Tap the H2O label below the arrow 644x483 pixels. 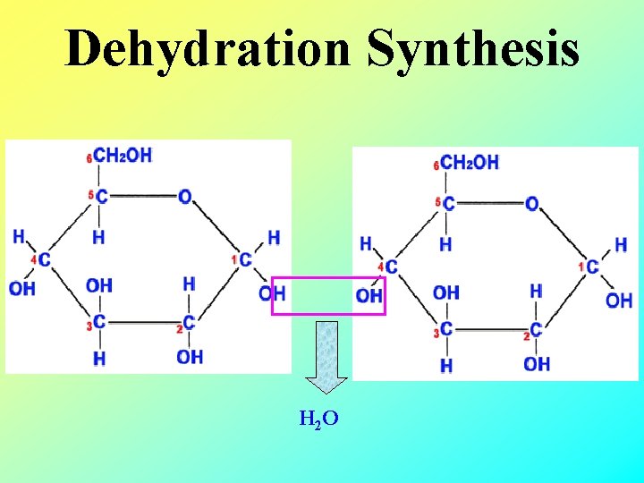(x=318, y=418)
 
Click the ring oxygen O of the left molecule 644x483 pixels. (x=184, y=197)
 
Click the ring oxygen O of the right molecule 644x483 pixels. (x=531, y=204)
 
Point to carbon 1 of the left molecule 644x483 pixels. (x=245, y=259)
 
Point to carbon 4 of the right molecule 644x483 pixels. (x=391, y=267)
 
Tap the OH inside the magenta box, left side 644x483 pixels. (x=272, y=293)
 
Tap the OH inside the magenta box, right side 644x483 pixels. (x=369, y=295)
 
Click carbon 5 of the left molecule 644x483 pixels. (x=102, y=197)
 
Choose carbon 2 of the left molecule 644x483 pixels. (x=189, y=322)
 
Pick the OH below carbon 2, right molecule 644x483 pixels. (x=537, y=364)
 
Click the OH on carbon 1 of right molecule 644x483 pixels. (x=619, y=301)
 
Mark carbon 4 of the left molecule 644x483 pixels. (x=44, y=259)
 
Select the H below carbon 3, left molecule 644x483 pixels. (x=99, y=358)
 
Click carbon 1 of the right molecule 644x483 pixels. (x=592, y=267)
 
